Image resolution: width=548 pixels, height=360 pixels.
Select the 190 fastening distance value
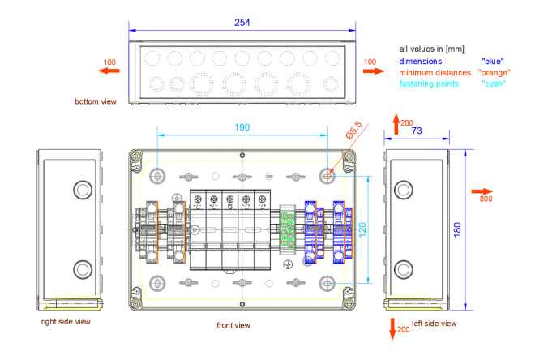click(242, 127)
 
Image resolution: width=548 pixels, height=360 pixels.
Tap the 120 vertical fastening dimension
click(364, 229)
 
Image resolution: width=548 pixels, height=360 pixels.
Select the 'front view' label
click(233, 325)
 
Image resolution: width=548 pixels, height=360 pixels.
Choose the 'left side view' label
click(435, 324)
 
